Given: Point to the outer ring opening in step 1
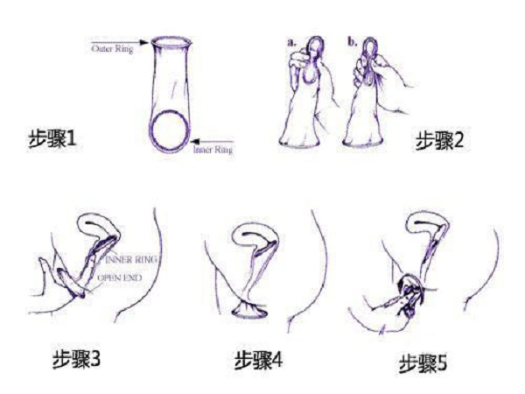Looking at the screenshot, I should (x=173, y=40).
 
